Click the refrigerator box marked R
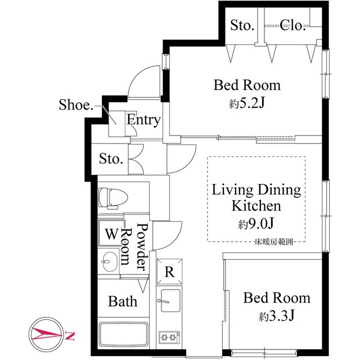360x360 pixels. (x=169, y=271)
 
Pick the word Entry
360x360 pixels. (x=143, y=120)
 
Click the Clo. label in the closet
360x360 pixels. (x=292, y=25)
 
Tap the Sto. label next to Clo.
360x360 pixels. (x=242, y=25)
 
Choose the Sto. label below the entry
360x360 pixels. (x=111, y=159)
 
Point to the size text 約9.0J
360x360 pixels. (x=256, y=224)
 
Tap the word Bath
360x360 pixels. (x=122, y=301)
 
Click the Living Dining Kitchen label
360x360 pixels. (x=256, y=197)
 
